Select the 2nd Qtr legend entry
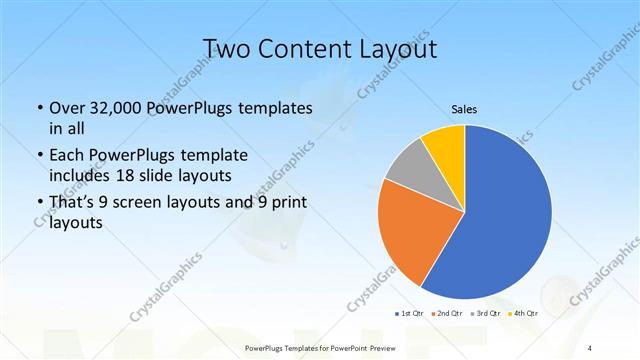[x=446, y=313]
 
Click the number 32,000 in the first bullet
[x=115, y=108]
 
